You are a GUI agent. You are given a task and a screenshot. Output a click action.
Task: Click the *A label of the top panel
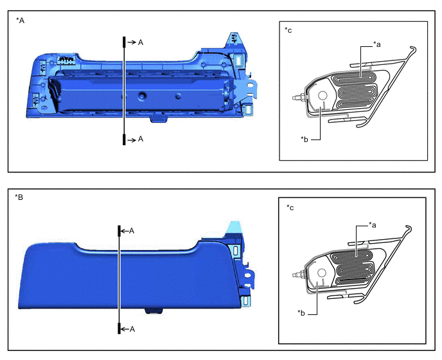21,21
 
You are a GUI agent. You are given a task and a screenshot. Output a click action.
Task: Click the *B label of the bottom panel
19,197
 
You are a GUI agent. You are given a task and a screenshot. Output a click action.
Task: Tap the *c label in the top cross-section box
288,30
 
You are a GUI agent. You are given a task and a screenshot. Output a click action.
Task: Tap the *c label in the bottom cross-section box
290,208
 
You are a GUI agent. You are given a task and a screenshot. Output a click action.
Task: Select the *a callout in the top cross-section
377,44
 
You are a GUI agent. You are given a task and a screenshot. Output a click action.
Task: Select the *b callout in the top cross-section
304,139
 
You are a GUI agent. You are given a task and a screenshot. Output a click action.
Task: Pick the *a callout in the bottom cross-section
373,225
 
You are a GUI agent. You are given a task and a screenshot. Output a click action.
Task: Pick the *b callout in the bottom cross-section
301,313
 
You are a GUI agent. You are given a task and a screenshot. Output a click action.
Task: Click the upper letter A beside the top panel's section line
141,42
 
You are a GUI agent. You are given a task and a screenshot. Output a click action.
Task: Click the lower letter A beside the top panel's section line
141,139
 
